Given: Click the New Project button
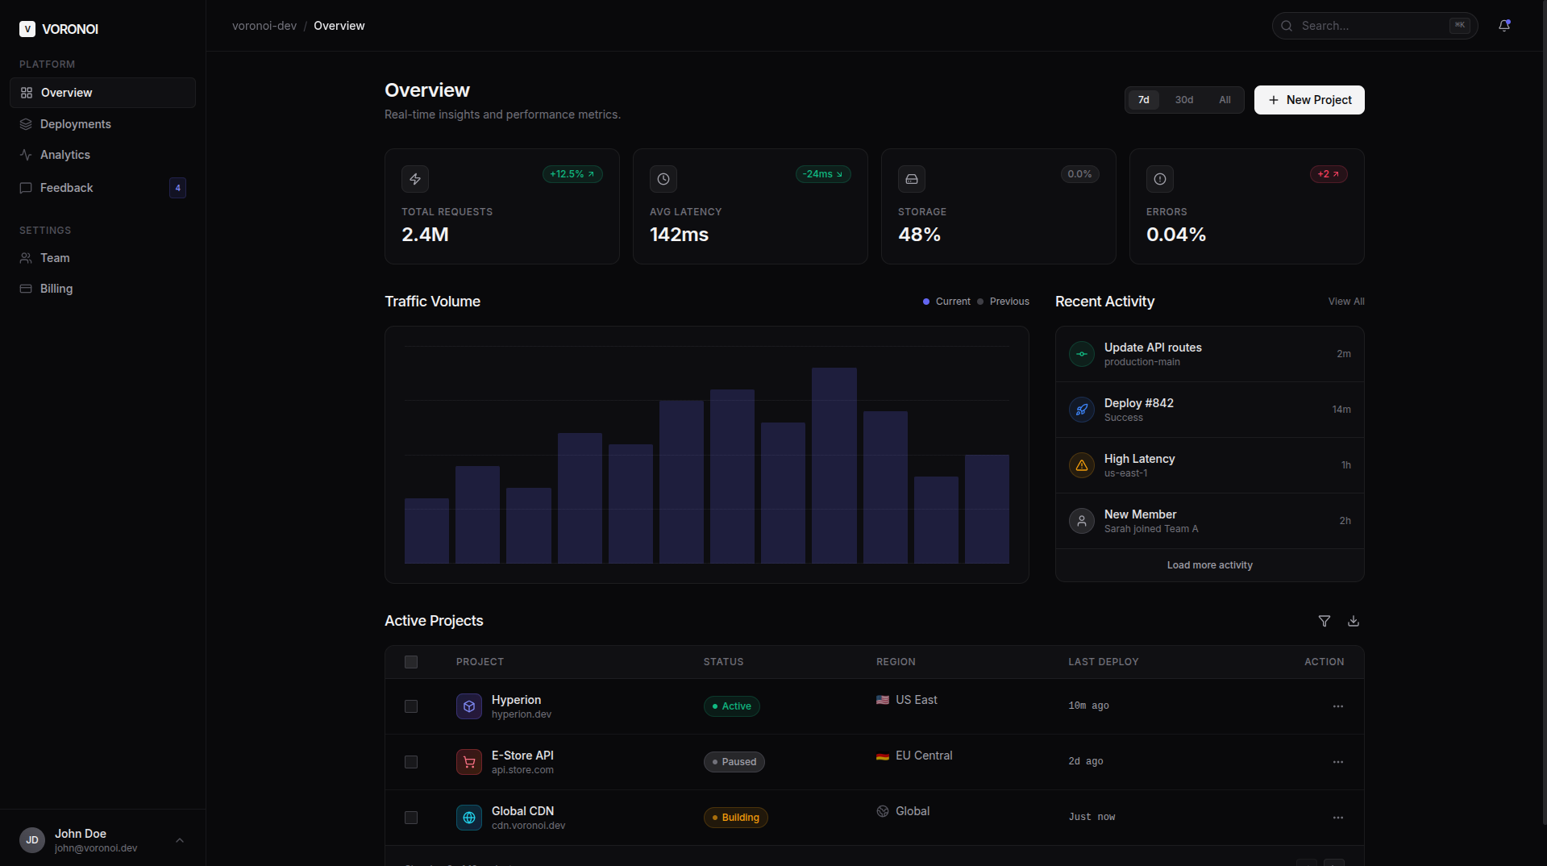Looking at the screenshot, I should coord(1308,100).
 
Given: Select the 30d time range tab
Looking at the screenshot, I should coord(1183,100).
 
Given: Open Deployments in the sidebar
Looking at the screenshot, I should coord(76,124).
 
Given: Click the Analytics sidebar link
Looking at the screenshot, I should coord(65,155).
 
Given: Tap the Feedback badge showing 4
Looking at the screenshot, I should coord(177,188).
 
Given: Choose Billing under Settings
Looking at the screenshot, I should coord(56,289).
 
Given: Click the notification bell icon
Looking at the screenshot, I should coord(1503,26).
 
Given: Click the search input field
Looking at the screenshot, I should coord(1370,26).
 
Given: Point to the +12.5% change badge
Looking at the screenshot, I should coord(572,174).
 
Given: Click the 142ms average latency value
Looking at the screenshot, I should coord(679,235).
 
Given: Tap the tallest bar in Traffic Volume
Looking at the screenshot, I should coord(834,465).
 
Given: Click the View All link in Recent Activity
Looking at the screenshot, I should coord(1345,302).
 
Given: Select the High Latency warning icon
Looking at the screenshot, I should coord(1081,465).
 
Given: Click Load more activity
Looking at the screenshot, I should coord(1209,565).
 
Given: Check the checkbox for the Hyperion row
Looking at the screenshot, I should coord(411,706).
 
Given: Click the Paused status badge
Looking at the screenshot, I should coord(734,762).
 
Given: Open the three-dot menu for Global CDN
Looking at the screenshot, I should coord(1337,818).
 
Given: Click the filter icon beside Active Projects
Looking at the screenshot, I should coord(1324,621).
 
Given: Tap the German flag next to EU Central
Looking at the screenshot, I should coord(883,756).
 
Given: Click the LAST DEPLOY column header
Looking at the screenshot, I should coord(1103,662).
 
